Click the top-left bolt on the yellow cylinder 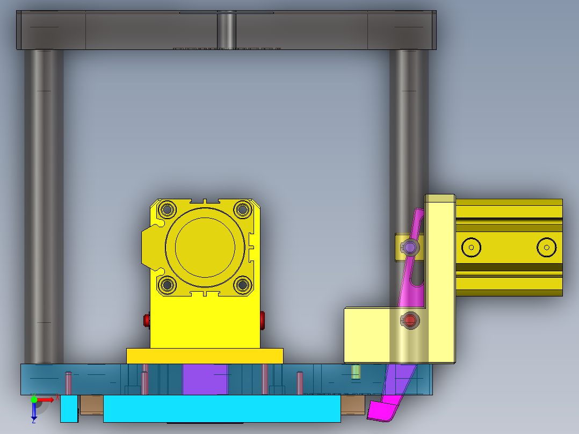pos(167,209)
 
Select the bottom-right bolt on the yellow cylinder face pos(243,285)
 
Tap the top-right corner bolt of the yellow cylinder pos(243,209)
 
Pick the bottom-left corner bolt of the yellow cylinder pos(167,285)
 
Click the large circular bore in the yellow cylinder pos(205,247)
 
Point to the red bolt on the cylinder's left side pos(147,321)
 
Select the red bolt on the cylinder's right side pos(263,321)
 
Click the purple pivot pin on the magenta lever pos(411,247)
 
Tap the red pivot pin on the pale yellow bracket pos(410,321)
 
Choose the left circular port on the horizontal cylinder pos(471,247)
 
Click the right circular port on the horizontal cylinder pos(546,247)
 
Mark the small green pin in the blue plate pos(355,372)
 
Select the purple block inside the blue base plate pos(205,379)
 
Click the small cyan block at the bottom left pos(69,409)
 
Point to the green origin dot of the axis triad pos(34,400)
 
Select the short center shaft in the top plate pos(226,31)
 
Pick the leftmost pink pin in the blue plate pos(68,382)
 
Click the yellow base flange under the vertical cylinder pos(205,356)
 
